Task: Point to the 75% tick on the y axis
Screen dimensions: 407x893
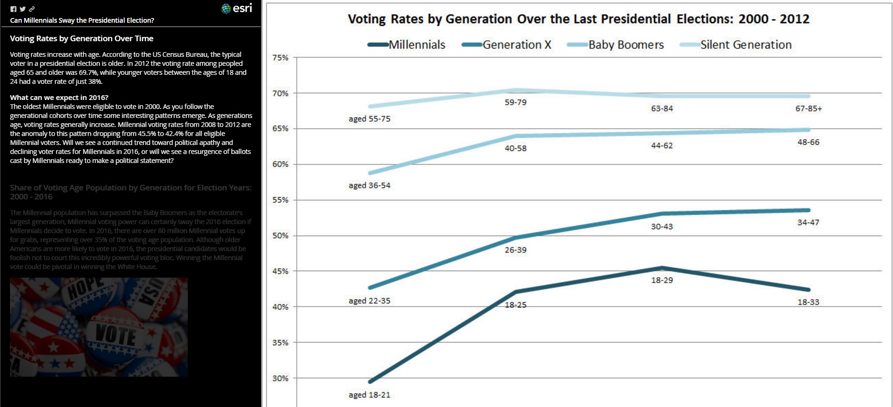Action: pos(280,58)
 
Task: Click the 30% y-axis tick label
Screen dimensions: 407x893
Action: pos(280,378)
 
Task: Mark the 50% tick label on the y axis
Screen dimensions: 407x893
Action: pos(280,235)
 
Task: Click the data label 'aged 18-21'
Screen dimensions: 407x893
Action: pos(369,395)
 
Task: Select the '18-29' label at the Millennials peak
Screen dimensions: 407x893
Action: pos(662,280)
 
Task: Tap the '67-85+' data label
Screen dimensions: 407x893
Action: pos(808,109)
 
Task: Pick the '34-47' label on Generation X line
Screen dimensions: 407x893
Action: pos(808,222)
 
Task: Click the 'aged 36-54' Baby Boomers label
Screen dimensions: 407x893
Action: pos(369,185)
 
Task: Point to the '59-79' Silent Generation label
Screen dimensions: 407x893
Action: pos(516,102)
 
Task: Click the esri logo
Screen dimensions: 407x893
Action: pos(237,9)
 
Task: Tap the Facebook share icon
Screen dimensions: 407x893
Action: pos(13,9)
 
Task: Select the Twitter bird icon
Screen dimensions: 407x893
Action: pos(23,9)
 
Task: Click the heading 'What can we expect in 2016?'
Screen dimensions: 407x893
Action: pos(59,98)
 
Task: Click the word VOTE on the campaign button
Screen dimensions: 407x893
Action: pos(116,335)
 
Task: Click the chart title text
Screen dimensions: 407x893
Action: pos(579,19)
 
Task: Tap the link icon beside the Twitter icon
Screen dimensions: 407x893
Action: pos(32,9)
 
